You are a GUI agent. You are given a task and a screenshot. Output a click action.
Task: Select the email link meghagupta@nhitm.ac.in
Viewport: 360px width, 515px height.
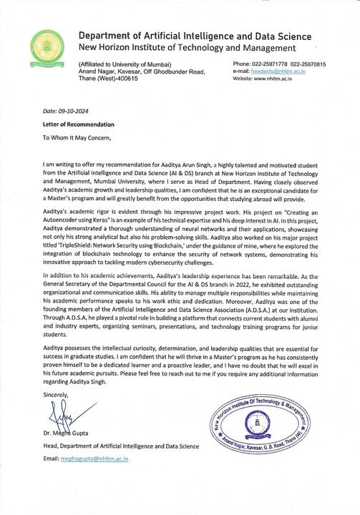(x=94, y=458)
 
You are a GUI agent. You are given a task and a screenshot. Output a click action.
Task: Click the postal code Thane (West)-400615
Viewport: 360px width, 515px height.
(x=107, y=78)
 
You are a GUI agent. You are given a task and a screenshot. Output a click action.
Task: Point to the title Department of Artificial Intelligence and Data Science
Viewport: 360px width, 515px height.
(x=195, y=36)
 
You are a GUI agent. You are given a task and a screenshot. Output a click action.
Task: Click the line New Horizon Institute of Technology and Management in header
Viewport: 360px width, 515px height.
(x=187, y=47)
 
